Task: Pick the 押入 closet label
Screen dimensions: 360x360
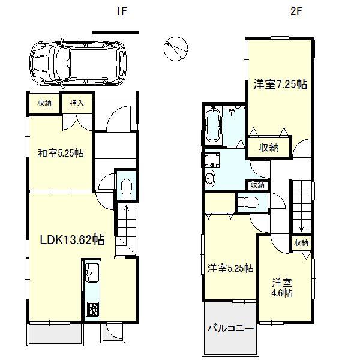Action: coord(77,103)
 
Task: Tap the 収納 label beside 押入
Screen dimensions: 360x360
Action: coord(45,103)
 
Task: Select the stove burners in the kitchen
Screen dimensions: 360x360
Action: coord(93,310)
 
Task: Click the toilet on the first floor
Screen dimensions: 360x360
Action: coord(125,188)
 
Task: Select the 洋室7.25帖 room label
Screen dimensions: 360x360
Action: coord(280,85)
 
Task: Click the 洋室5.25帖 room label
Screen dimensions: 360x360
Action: coord(230,268)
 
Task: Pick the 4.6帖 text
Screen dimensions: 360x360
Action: coord(281,293)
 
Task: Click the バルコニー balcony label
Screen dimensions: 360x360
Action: coord(231,328)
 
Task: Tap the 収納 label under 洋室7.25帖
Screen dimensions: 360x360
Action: coord(269,147)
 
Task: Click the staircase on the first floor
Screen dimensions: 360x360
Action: coord(126,231)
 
